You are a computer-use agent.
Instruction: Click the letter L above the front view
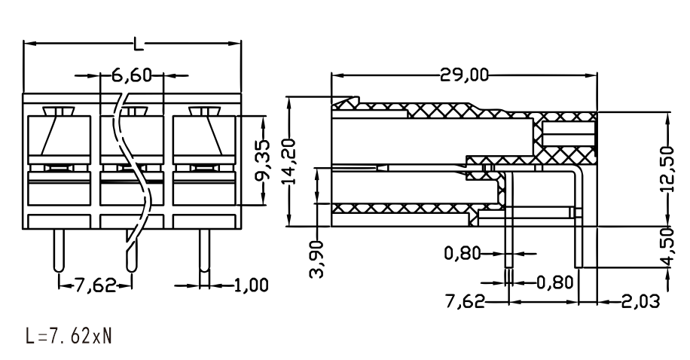click(x=139, y=43)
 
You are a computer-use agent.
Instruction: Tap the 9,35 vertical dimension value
click(x=264, y=160)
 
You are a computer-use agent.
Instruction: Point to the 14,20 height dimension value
click(x=289, y=160)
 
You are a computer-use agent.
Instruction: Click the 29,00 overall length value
click(x=465, y=75)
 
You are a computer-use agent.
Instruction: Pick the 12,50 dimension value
click(x=667, y=169)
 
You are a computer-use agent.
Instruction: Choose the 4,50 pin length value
click(x=667, y=246)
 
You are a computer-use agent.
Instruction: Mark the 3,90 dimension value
click(x=317, y=259)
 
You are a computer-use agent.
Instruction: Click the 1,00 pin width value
click(x=251, y=285)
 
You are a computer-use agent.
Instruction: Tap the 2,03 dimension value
click(x=641, y=302)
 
